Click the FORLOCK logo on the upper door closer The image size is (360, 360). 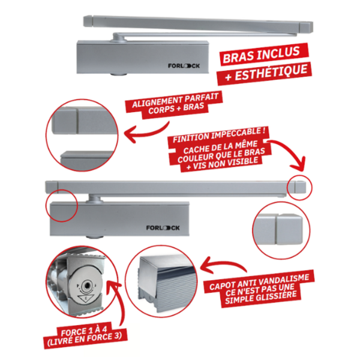click(184, 66)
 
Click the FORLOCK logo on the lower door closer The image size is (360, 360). click(163, 228)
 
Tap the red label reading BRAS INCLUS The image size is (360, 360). click(262, 55)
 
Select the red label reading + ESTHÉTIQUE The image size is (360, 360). click(265, 73)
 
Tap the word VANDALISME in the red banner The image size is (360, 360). click(287, 280)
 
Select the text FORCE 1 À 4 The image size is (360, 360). click(84, 331)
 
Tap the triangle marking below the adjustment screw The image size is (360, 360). click(86, 298)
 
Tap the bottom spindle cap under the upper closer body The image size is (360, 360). click(118, 74)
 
